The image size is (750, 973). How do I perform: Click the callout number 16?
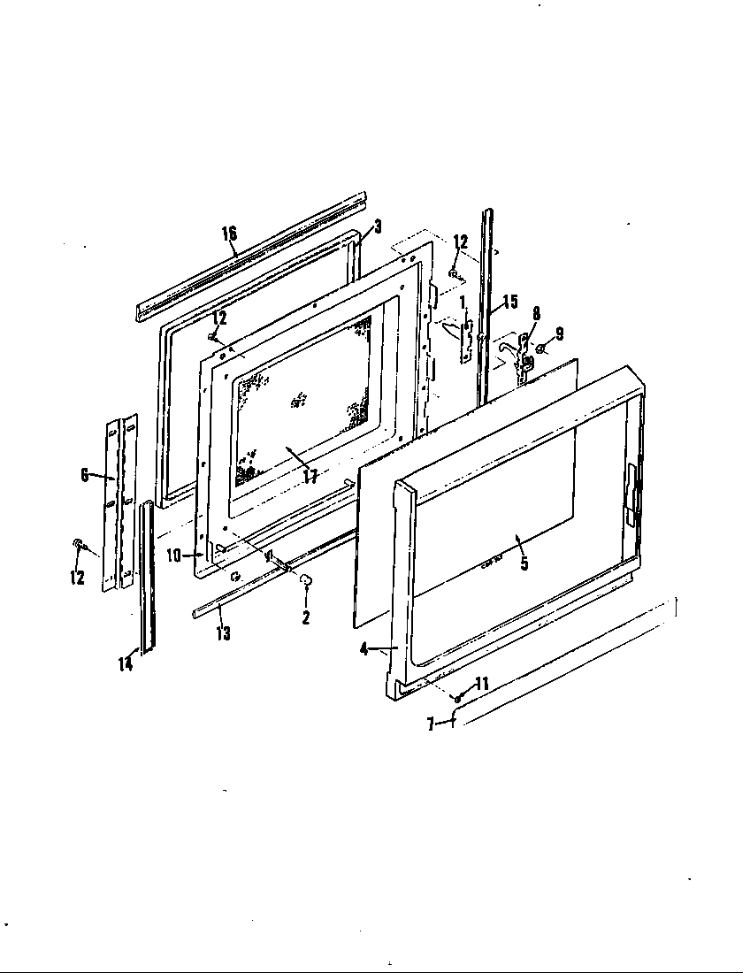(229, 234)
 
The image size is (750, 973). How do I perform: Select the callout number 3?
(377, 226)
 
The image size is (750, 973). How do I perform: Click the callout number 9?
(558, 333)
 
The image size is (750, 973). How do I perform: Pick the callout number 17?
(310, 476)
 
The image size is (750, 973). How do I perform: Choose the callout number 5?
(524, 563)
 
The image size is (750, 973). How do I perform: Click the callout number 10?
(173, 555)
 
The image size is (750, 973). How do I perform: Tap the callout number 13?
(224, 633)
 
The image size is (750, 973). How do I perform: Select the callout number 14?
(126, 663)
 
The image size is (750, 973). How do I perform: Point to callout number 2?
(306, 617)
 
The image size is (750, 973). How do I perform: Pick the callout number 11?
(481, 684)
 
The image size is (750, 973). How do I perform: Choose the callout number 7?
(430, 724)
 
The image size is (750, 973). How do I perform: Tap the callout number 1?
(461, 304)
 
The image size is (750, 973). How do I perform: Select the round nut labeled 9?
(540, 349)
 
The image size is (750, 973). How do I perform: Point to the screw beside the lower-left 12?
(78, 543)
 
